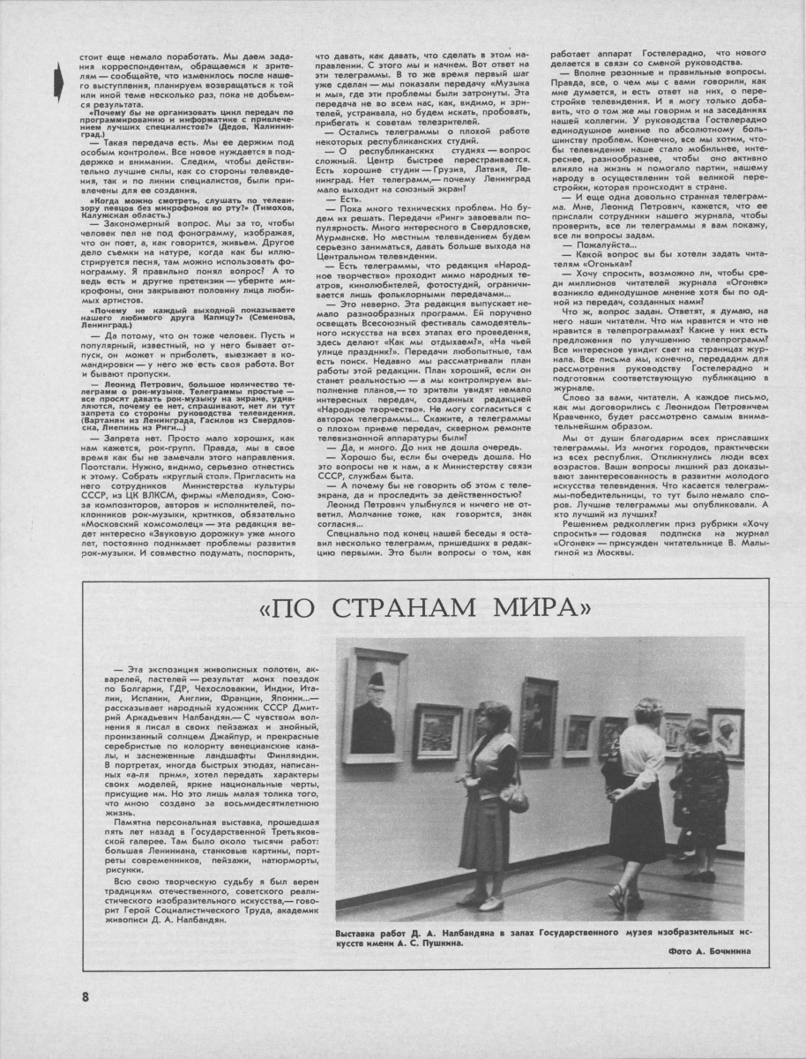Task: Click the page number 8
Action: tap(86, 997)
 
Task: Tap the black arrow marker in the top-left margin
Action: tap(59, 80)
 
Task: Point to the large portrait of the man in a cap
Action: tap(375, 705)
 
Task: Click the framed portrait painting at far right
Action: tap(726, 733)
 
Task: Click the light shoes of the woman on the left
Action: tap(483, 903)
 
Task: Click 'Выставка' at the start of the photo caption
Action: tap(360, 934)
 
